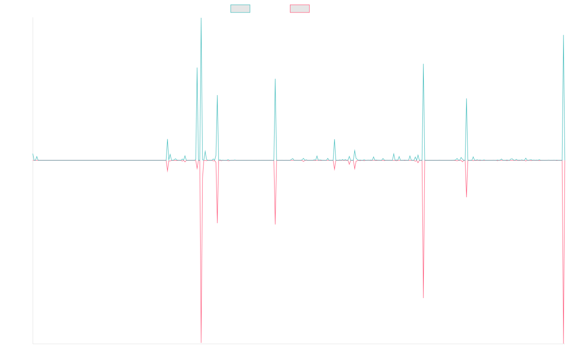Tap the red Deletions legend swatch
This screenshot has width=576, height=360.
coord(300,9)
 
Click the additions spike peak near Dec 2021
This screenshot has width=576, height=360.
coord(275,79)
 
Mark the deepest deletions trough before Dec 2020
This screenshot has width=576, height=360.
coord(201,343)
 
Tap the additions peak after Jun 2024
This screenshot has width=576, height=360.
coord(466,99)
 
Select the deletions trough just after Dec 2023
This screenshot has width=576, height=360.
coord(423,298)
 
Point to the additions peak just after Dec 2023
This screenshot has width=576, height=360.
coord(423,63)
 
